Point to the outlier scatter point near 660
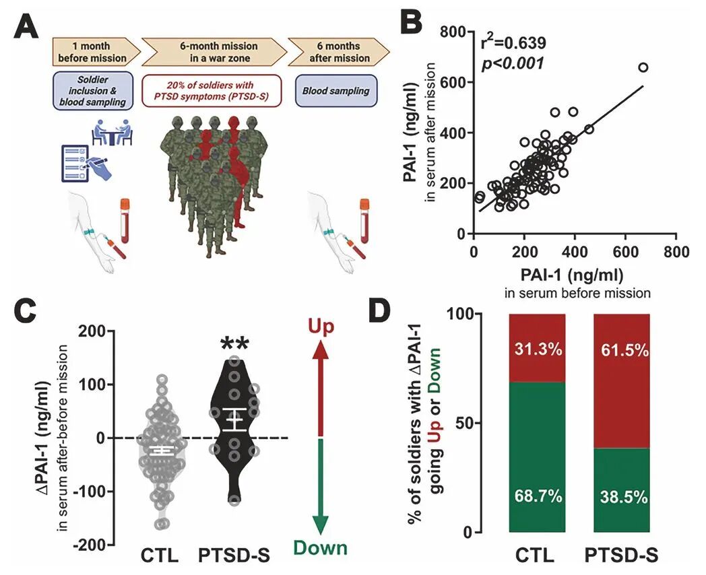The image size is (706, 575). (643, 67)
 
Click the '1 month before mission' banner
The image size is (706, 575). (94, 52)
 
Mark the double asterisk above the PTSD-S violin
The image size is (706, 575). (235, 345)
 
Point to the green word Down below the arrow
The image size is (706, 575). (321, 547)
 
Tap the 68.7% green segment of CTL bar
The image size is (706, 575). (537, 458)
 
